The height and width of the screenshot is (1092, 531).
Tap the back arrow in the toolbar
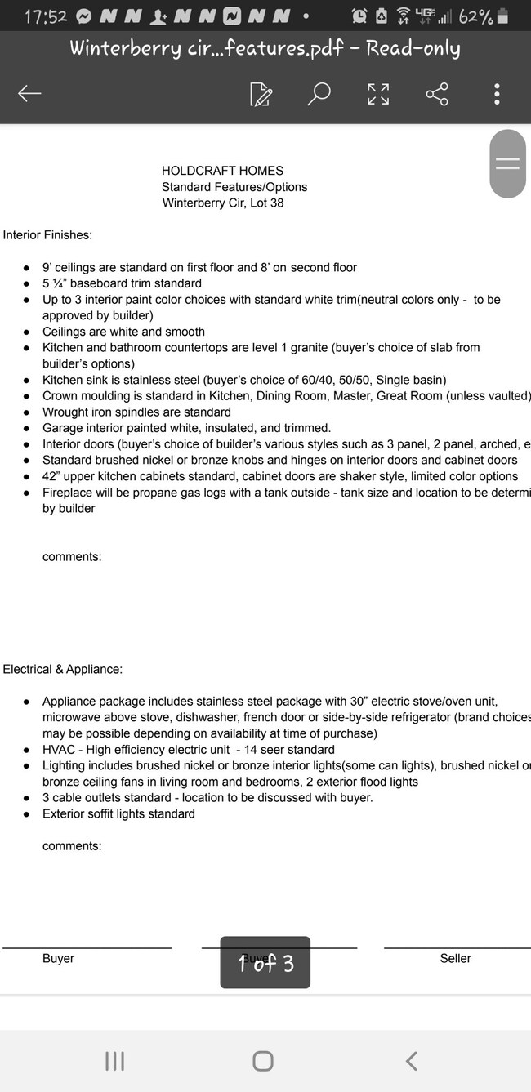[x=29, y=94]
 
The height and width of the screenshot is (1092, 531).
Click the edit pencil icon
[x=261, y=94]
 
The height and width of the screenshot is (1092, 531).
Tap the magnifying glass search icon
[x=319, y=93]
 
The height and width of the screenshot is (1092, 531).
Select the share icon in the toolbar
[x=437, y=94]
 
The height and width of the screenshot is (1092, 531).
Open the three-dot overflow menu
[x=497, y=94]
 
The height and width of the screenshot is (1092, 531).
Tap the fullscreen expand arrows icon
[x=378, y=94]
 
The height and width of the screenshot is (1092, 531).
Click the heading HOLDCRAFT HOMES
[x=222, y=171]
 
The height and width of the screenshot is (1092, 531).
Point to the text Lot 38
[x=265, y=203]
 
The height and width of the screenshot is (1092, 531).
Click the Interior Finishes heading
[x=47, y=235]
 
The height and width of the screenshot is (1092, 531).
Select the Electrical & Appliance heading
[x=62, y=669]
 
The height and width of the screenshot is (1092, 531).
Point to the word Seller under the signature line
[x=455, y=958]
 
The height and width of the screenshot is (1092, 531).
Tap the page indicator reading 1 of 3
[x=265, y=963]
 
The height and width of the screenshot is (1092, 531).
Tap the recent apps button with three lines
[x=115, y=1061]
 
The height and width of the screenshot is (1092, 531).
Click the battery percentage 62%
[x=475, y=17]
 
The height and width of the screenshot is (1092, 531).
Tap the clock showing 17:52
[x=45, y=17]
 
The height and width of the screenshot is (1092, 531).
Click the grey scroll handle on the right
[x=507, y=163]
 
